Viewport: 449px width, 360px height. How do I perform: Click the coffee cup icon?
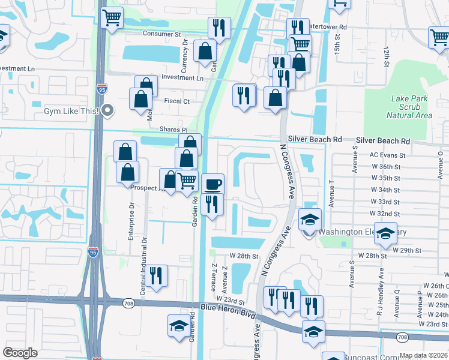212,183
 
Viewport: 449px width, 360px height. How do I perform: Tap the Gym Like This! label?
73,110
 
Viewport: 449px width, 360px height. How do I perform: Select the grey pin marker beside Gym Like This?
107,110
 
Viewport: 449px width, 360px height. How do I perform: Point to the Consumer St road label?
161,34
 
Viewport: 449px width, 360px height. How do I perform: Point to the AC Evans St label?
388,155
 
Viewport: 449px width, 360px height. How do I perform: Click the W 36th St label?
385,167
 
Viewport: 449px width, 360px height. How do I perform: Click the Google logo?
20,352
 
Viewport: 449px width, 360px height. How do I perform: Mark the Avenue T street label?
331,192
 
